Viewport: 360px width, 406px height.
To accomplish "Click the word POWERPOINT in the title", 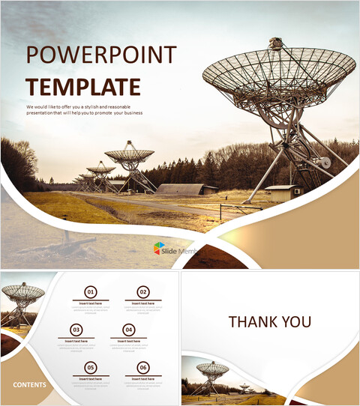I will tap(101, 55).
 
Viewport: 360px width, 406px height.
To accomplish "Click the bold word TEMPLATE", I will tap(82, 86).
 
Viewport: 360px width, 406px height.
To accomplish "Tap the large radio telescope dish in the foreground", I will tap(279, 76).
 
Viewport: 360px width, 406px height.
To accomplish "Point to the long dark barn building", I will tap(179, 189).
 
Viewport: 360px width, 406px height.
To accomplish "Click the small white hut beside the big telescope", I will tap(280, 193).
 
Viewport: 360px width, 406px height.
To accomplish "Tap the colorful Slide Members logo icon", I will tap(160, 248).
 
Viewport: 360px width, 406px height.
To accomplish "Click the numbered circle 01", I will tap(91, 292).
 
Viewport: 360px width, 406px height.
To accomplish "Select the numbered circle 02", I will tap(142, 292).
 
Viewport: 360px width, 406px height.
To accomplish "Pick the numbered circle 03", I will tap(76, 330).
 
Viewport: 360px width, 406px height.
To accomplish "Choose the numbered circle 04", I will tap(129, 330).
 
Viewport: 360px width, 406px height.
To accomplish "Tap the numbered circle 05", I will tap(91, 367).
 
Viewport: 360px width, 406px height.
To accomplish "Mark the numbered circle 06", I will tap(142, 367).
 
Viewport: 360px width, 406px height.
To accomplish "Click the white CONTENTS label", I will tap(29, 385).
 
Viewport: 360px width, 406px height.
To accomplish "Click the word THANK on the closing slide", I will tap(253, 322).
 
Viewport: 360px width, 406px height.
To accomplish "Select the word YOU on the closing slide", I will tap(295, 322).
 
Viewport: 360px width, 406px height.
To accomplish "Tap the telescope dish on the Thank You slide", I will tap(212, 369).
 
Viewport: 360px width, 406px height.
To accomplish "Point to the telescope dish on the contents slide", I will tap(23, 293).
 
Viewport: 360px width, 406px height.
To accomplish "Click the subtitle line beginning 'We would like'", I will tap(85, 109).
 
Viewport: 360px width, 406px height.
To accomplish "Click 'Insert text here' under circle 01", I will tap(91, 303).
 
